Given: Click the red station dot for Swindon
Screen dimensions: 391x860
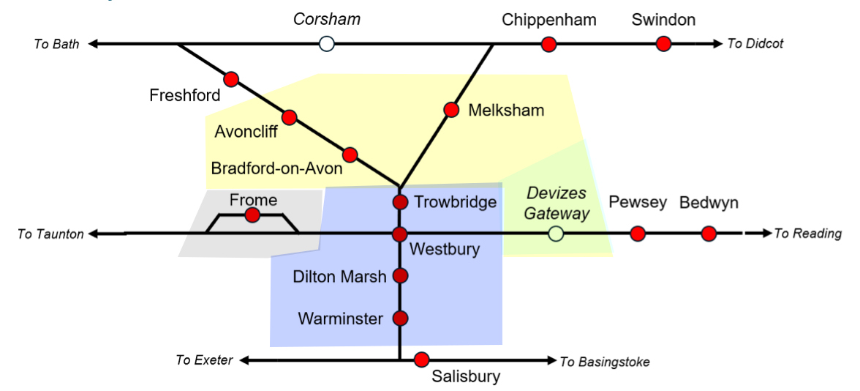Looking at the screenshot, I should [x=663, y=44].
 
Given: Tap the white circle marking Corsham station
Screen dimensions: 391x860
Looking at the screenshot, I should [x=327, y=44].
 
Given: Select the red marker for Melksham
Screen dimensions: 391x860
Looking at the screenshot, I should [x=450, y=110].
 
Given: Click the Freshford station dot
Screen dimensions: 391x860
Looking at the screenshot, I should [x=232, y=79].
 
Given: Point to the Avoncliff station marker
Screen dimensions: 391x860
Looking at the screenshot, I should [x=290, y=117].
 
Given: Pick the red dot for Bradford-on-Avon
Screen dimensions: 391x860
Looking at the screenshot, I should [x=350, y=155].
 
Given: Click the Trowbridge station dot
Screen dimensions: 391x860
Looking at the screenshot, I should [x=400, y=202].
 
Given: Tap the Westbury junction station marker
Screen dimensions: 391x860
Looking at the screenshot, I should [x=399, y=234].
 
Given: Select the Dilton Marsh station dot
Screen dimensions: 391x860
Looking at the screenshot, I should [x=400, y=275].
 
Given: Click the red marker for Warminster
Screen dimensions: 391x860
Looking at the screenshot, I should [x=400, y=319].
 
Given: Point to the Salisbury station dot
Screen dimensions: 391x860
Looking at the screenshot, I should [x=421, y=360].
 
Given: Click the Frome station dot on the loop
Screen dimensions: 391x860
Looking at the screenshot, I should [x=252, y=215].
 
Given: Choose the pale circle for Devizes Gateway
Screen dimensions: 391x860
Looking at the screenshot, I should [x=557, y=234].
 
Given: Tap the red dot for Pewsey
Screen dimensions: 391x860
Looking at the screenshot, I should [x=638, y=234].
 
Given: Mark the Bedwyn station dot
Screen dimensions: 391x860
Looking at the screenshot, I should [x=708, y=234].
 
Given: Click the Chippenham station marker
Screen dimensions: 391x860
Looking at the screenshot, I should [x=548, y=44].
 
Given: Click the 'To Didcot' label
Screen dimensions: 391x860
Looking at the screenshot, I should [x=755, y=44].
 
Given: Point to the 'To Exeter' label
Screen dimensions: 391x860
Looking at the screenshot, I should [x=204, y=360].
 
